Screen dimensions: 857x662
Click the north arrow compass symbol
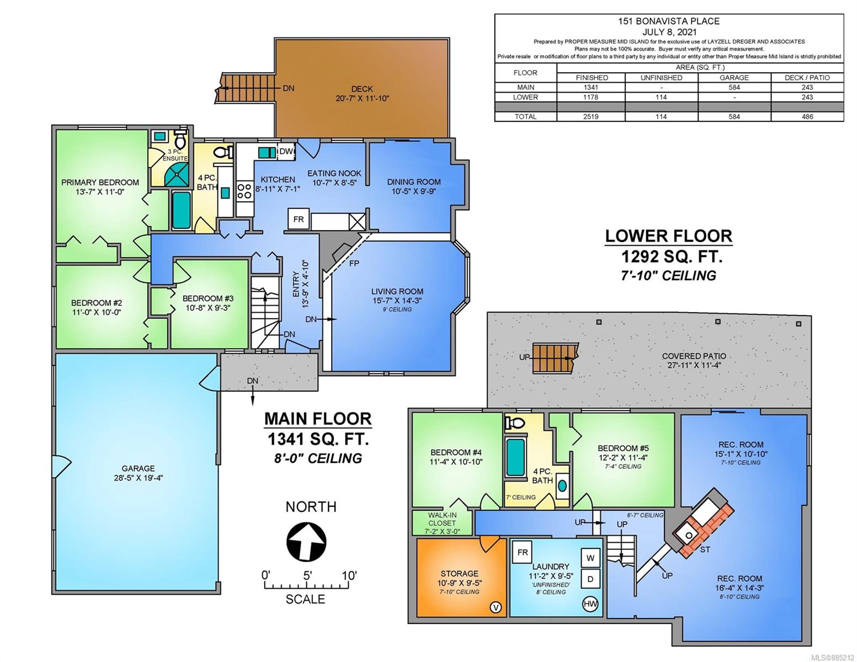point(306,541)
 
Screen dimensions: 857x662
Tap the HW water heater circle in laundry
point(590,604)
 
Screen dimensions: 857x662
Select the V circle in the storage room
point(496,607)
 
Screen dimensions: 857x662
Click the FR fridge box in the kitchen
point(299,219)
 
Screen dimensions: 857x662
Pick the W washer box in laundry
point(590,558)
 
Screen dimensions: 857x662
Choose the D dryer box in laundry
point(590,579)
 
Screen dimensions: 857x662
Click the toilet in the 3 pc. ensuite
point(180,138)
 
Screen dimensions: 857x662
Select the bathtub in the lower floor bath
point(515,457)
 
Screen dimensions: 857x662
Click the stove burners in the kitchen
point(244,191)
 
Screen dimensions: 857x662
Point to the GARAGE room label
point(138,468)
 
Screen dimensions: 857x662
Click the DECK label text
point(362,89)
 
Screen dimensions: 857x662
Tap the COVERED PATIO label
point(694,356)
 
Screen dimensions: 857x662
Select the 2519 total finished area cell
point(590,117)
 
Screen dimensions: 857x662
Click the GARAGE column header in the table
point(734,78)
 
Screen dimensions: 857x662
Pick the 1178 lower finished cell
point(590,97)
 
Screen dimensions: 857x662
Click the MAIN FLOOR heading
point(317,419)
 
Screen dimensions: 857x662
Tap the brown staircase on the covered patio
point(555,357)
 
